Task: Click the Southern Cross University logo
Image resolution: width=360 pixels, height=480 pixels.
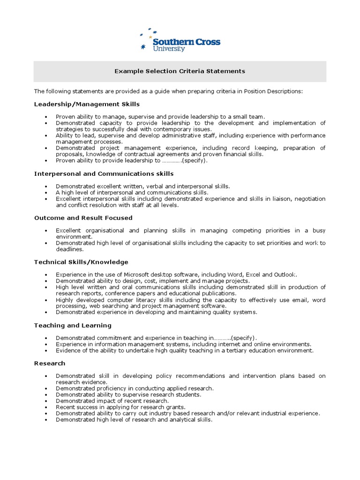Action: tap(180, 40)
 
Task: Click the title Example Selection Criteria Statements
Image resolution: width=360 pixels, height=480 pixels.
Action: tap(180, 71)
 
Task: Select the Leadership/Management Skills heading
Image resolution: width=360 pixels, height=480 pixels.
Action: tap(87, 104)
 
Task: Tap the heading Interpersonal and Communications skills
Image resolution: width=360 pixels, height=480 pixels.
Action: tap(104, 173)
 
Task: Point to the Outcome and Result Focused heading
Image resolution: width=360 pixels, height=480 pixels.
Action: tap(83, 218)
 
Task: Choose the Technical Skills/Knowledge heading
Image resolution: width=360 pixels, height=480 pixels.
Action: tap(81, 262)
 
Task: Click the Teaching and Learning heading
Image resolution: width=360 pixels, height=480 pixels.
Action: tap(73, 325)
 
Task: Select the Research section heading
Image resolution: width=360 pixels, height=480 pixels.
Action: tap(50, 363)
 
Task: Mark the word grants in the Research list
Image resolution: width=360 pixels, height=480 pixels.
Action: tap(176, 407)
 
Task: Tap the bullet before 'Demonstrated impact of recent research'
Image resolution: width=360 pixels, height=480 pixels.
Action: tap(45, 401)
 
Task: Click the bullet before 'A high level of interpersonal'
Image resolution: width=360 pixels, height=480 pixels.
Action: tap(45, 193)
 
